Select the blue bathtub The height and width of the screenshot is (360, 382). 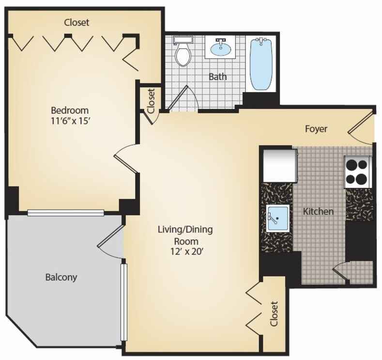click(261, 64)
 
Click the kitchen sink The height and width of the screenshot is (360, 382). click(278, 218)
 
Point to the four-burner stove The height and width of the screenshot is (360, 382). click(357, 172)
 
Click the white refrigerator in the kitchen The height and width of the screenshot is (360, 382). click(280, 166)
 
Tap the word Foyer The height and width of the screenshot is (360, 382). click(316, 129)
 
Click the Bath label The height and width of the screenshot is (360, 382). click(218, 77)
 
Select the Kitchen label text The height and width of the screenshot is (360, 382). click(318, 211)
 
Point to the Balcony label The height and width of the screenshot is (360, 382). click(61, 277)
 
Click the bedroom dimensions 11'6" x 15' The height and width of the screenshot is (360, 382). click(71, 121)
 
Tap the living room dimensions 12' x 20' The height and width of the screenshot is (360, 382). click(186, 251)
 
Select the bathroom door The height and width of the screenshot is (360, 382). click(178, 98)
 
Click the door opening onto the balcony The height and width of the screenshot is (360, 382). click(111, 236)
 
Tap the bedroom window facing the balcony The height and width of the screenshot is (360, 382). click(66, 213)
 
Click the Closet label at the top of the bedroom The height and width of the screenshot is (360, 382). click(76, 22)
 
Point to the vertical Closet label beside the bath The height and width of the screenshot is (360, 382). click(151, 101)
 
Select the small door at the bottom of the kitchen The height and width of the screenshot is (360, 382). click(341, 272)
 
